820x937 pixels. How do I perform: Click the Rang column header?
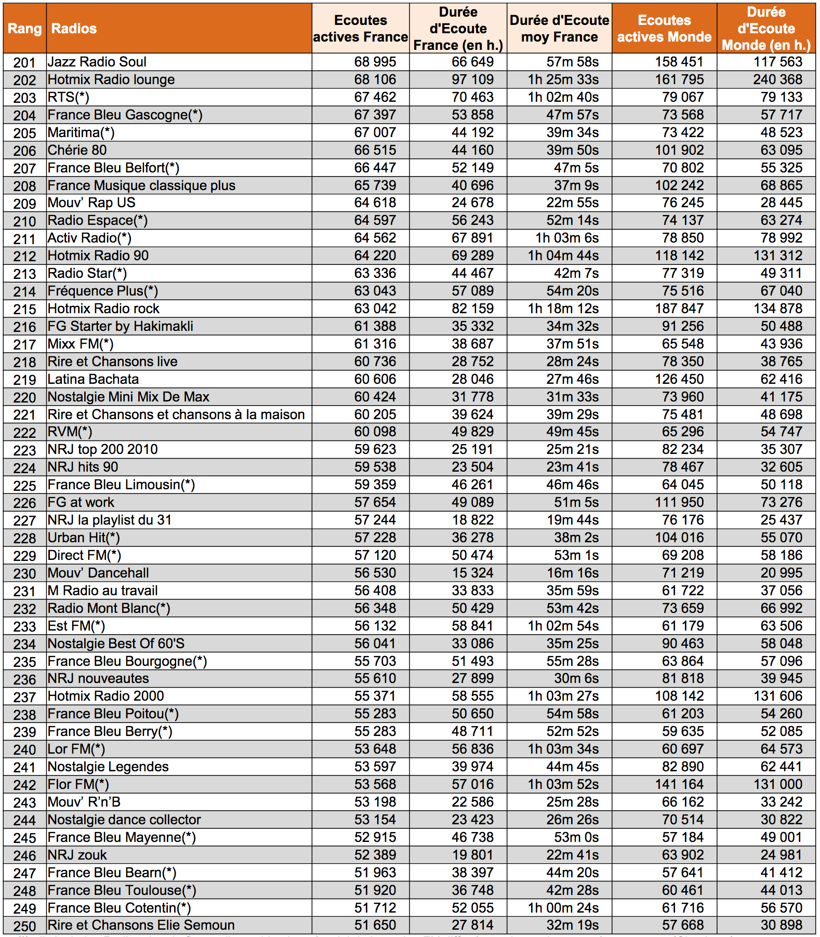point(24,29)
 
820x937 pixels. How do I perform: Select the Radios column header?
point(74,29)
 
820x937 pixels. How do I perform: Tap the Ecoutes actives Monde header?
point(664,29)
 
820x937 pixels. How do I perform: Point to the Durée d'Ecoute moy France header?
point(559,29)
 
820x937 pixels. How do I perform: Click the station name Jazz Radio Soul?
point(97,62)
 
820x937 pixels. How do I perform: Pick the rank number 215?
point(24,309)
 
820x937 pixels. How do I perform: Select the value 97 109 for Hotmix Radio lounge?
point(472,79)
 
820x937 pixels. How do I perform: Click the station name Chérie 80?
point(77,150)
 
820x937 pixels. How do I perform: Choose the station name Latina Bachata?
point(93,379)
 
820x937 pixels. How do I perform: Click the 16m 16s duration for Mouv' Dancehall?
point(572,573)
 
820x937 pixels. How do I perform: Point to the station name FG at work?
point(81,502)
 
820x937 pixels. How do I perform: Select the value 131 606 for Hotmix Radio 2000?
point(778,696)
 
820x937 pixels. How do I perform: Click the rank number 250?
point(24,926)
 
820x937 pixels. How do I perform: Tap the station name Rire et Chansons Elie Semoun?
point(141,925)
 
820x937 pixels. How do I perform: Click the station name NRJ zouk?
point(77,855)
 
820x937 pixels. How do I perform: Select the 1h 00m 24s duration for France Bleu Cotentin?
point(563,908)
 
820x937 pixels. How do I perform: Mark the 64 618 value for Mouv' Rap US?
point(375,203)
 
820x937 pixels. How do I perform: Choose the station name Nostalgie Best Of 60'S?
point(116,644)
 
